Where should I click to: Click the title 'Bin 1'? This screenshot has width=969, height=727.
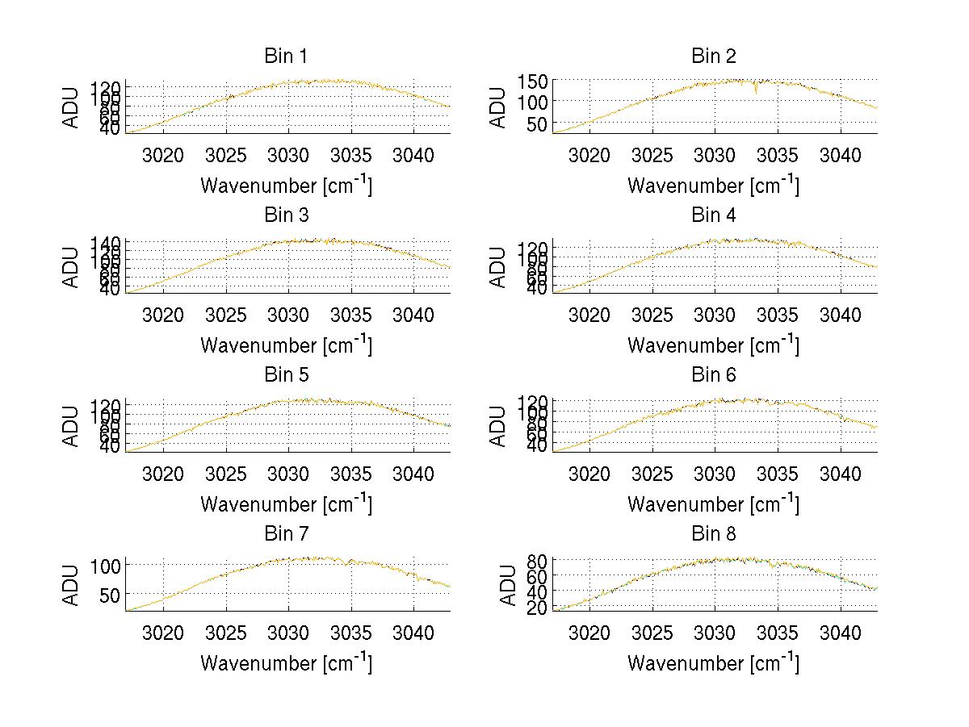286,56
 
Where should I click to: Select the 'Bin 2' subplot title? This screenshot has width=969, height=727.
713,56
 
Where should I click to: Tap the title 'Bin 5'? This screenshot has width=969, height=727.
286,375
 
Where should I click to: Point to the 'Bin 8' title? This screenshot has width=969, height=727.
713,534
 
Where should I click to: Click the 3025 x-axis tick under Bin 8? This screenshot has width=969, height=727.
652,632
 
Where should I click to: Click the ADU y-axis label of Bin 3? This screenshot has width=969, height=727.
72,267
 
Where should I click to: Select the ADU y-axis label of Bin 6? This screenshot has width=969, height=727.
499,426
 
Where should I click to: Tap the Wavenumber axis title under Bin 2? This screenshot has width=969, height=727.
713,186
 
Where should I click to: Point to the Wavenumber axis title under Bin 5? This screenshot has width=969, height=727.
286,504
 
